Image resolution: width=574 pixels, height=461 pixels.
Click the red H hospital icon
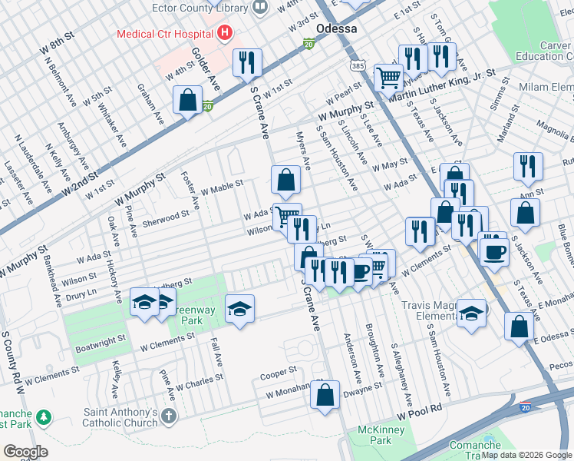click(225, 33)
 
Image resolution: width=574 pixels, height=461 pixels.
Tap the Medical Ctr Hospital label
click(164, 34)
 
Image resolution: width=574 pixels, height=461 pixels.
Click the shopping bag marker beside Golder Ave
click(188, 100)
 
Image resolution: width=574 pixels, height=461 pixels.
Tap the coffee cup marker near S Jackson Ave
click(493, 251)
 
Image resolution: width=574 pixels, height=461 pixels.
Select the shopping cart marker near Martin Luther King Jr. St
click(388, 77)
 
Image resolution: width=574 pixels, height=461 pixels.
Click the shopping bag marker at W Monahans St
click(325, 395)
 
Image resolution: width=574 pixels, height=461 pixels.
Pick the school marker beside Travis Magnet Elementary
click(470, 312)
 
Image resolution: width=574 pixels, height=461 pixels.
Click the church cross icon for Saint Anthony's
click(169, 417)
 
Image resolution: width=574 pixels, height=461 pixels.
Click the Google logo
click(25, 452)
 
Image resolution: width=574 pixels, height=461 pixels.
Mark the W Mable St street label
click(222, 187)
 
